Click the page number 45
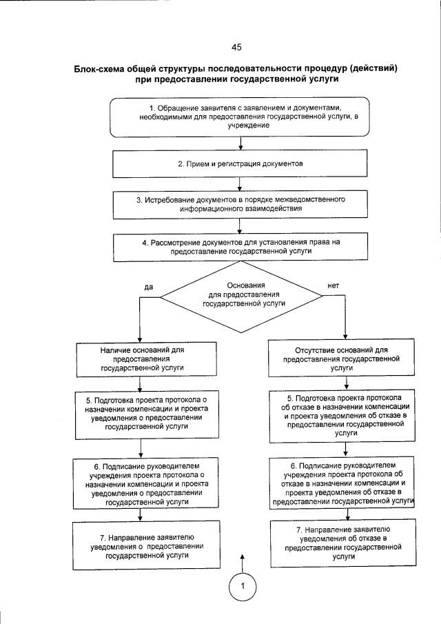coord(236,48)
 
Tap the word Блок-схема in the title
coord(103,69)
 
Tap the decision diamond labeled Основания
coord(240,295)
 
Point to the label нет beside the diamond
coord(334,285)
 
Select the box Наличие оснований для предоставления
coord(141,359)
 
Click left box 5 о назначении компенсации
coord(141,414)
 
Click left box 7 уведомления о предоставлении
coord(141,545)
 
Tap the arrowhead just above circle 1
coord(242,556)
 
